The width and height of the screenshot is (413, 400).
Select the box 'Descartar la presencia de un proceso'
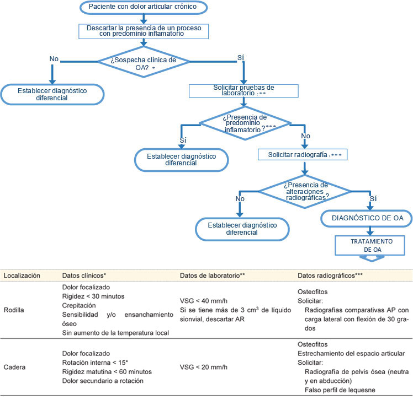144,30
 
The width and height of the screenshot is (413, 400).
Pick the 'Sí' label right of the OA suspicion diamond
241,56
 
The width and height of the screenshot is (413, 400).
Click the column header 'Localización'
22,274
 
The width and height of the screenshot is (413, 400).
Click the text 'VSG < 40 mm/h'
204,300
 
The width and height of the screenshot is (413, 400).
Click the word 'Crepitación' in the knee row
78,305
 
